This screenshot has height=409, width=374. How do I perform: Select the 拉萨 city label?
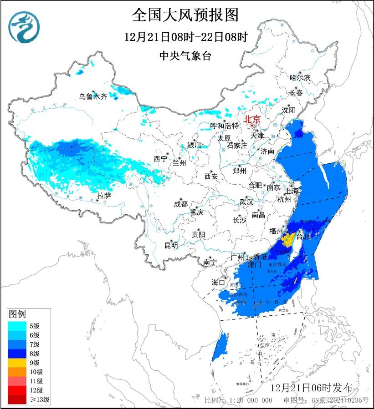(x=104, y=196)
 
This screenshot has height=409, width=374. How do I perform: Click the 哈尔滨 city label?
(x=300, y=78)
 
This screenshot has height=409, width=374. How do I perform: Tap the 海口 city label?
(x=218, y=283)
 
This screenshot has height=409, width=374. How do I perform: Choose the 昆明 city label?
(x=171, y=246)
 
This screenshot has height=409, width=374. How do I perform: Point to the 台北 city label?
(x=303, y=237)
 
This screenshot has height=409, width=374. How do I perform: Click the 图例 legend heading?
(x=17, y=314)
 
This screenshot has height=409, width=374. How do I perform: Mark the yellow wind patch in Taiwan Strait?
(x=287, y=239)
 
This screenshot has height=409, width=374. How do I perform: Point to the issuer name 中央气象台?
(x=185, y=56)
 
